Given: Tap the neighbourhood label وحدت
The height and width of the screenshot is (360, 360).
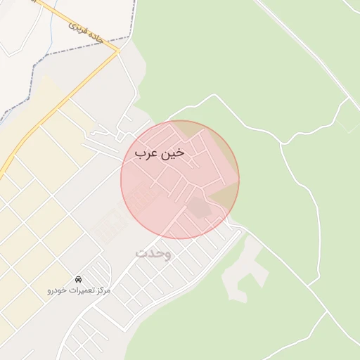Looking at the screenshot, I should pos(153,252).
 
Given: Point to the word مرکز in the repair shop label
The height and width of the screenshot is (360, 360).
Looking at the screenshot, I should pos(101,290).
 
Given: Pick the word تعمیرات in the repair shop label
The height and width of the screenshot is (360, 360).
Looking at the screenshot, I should pos(80,290).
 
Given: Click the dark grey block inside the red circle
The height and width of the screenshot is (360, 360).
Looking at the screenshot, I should pos(198,207).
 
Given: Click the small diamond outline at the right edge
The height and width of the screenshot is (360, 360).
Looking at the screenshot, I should pos(348,120).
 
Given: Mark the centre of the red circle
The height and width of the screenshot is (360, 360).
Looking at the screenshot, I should pos(180,180).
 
